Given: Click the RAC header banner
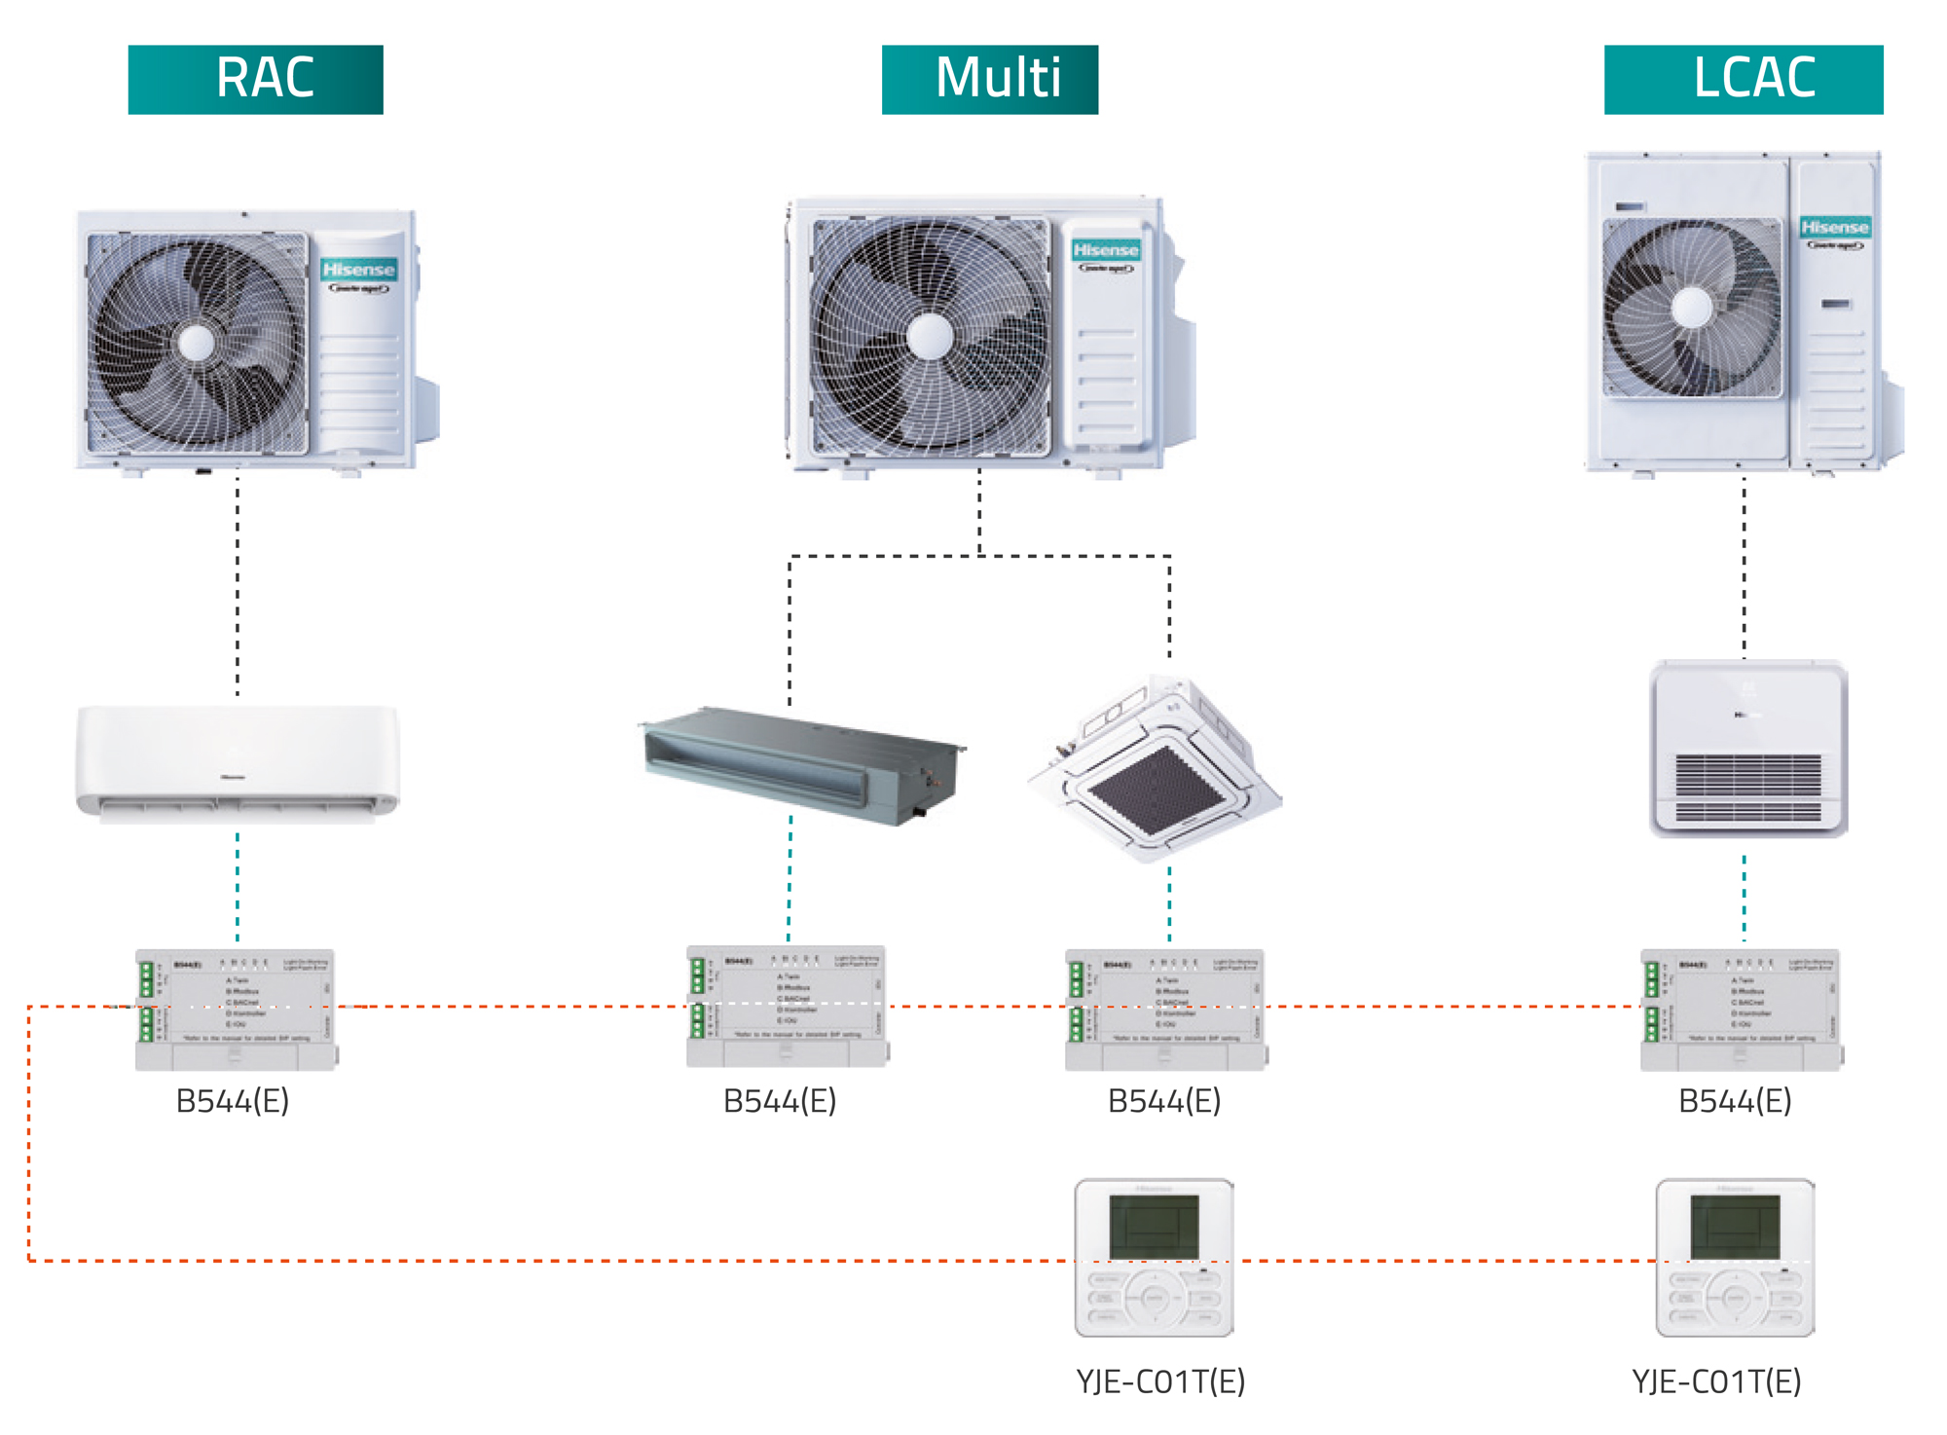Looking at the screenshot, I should click(x=255, y=79).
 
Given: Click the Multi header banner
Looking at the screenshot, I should click(x=989, y=79).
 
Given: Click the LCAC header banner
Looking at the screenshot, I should click(x=1743, y=79).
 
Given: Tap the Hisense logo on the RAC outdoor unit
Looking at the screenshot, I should click(x=358, y=270).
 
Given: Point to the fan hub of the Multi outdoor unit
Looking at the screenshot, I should click(x=930, y=336).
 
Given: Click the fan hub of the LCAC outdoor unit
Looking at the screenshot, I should click(x=1692, y=308).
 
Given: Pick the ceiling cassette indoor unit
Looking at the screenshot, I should click(x=1157, y=769).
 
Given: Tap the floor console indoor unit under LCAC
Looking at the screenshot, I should click(x=1748, y=749).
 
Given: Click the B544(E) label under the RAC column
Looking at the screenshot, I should click(x=233, y=1101).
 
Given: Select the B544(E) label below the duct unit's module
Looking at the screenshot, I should click(x=780, y=1101).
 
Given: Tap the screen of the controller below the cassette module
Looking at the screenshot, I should click(x=1154, y=1227).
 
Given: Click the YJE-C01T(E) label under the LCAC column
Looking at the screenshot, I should click(x=1716, y=1381).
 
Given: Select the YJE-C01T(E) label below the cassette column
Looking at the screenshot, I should click(x=1160, y=1381).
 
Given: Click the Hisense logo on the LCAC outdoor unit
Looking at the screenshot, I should click(x=1834, y=228).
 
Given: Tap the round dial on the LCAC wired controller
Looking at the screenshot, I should click(x=1734, y=1298).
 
